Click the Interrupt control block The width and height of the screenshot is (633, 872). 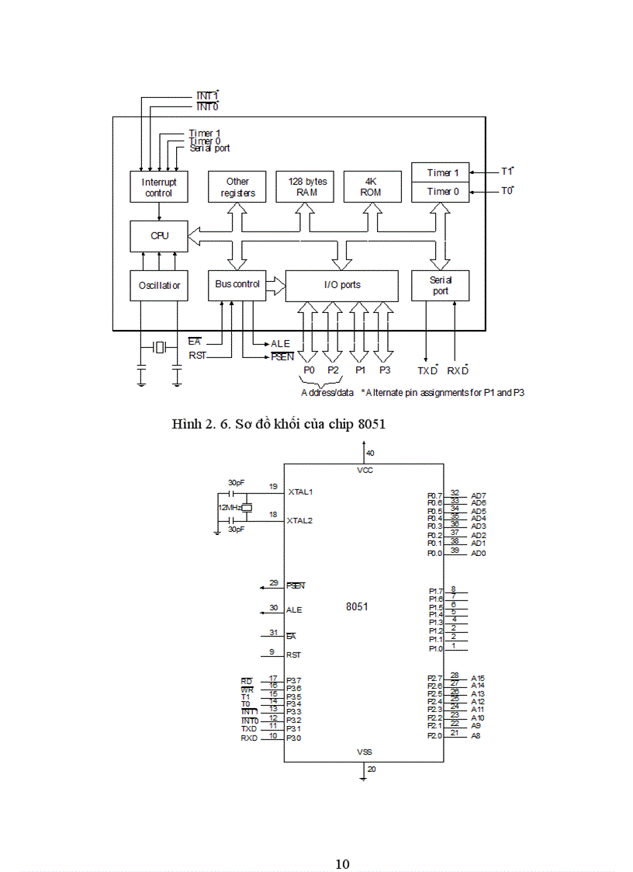coord(159,188)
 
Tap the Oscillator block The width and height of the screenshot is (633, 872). coord(159,286)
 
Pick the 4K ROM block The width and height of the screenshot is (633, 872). coord(371,187)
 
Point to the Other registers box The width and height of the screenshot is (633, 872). coord(237,187)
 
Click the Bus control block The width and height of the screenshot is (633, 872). coord(237,285)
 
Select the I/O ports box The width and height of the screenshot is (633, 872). coord(342,286)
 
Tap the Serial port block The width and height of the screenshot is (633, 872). coord(440,286)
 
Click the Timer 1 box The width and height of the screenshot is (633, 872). coord(440,173)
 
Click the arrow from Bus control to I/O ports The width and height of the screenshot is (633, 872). coord(276,286)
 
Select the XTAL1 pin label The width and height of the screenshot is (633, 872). coord(300,492)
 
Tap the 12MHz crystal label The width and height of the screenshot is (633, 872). coord(228,508)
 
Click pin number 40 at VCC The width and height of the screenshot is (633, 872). coord(370,453)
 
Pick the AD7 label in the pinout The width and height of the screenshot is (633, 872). coord(479,495)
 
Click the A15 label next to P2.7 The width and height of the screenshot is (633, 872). coord(478,678)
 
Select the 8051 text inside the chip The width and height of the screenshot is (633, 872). coord(357,606)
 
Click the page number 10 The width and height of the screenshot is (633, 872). coord(342,842)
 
